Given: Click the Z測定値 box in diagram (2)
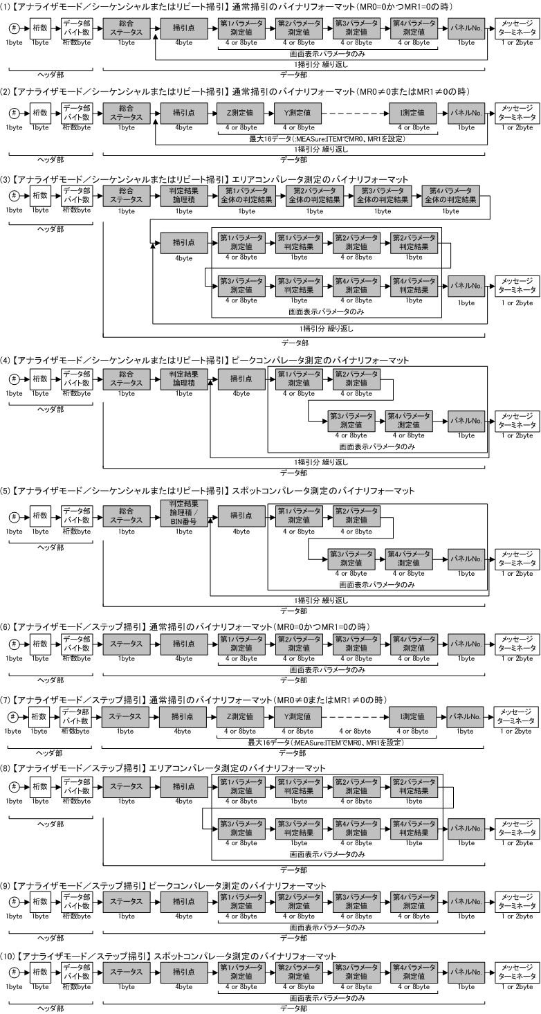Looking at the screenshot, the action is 241,113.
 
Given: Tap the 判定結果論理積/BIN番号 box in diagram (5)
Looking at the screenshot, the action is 184,513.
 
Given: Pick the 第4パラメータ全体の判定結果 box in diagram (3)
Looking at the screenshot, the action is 450,195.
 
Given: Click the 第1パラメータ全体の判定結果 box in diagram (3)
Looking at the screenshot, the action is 246,195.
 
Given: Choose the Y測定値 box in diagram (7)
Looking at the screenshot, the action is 297,716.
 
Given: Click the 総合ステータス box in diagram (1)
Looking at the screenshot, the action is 127,28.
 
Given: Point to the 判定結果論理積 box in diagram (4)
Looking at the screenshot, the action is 184,379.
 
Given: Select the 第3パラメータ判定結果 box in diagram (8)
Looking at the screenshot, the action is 299,829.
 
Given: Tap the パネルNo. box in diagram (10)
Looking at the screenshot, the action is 466,972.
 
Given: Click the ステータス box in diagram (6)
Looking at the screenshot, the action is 127,644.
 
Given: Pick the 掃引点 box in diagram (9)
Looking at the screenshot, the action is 184,901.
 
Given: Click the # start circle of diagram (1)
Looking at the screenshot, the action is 14,28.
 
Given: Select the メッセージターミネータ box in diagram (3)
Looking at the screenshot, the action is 517,286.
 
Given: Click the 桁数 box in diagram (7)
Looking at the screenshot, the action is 39,716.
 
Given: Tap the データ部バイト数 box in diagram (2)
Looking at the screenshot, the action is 77,113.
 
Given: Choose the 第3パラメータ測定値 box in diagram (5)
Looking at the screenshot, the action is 351,559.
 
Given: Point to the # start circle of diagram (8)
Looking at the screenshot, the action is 14,787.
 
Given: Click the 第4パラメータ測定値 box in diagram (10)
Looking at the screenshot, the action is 414,972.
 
